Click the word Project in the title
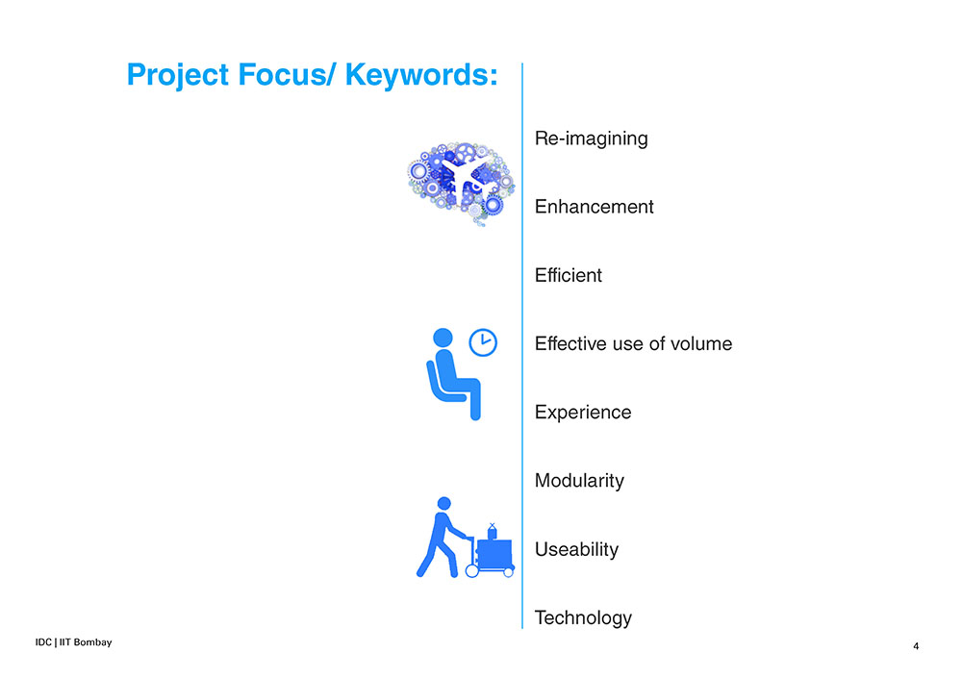[x=177, y=76]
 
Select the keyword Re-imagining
[x=591, y=139]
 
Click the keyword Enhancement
[x=594, y=207]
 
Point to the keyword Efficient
[x=569, y=275]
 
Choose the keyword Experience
[x=583, y=413]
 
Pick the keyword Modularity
[x=579, y=481]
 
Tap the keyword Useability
[x=576, y=550]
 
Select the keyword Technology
[x=583, y=618]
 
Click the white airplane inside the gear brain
[x=467, y=175]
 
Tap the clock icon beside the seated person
[x=483, y=342]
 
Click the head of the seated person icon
[x=443, y=339]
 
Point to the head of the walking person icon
[x=444, y=503]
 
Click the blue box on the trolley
[x=494, y=554]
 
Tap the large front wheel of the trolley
[x=471, y=571]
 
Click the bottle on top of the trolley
[x=492, y=532]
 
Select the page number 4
[x=916, y=646]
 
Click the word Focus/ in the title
[x=287, y=75]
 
